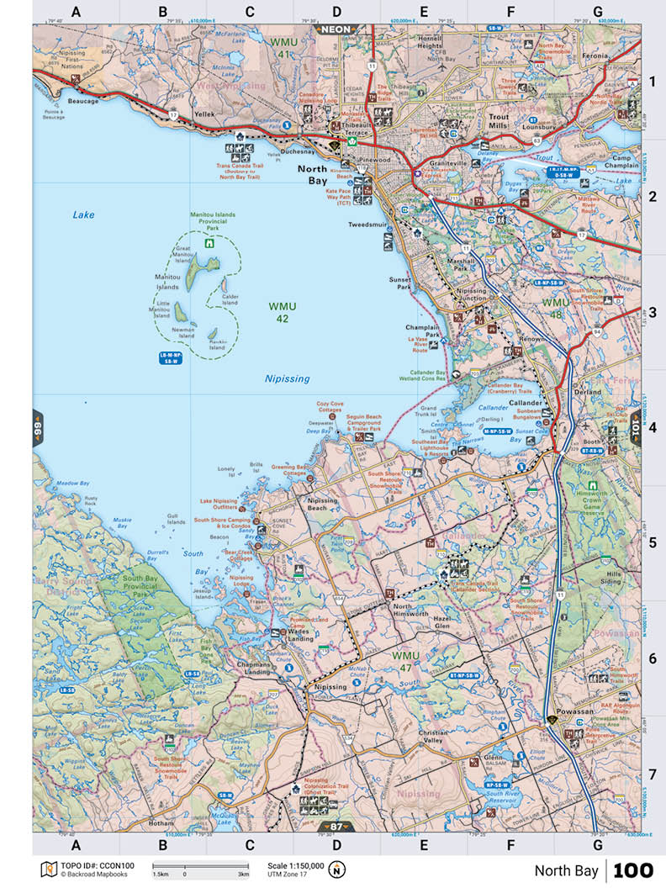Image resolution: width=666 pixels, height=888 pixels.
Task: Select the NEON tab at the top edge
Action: (333, 28)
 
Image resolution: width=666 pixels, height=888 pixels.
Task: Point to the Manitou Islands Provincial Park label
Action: (212, 221)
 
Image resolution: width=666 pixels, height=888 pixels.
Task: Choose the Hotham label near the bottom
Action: (161, 822)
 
